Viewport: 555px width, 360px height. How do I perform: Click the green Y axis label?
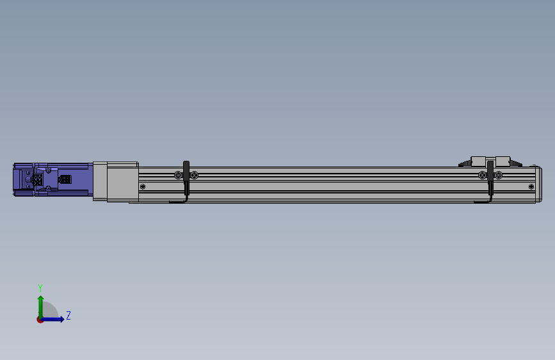(x=40, y=288)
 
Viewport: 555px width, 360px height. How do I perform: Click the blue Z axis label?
(x=68, y=315)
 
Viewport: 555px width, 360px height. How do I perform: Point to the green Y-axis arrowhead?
(x=41, y=299)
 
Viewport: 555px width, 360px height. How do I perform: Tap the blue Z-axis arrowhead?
(x=61, y=319)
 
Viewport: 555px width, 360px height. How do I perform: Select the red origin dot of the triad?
(x=40, y=320)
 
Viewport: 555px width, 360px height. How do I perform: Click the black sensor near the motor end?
(x=186, y=178)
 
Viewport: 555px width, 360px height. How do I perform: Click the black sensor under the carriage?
(x=490, y=178)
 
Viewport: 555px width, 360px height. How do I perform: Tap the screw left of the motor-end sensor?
(x=178, y=175)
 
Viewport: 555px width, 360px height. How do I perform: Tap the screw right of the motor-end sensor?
(x=195, y=175)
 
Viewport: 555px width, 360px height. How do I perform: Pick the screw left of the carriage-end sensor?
(x=482, y=175)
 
